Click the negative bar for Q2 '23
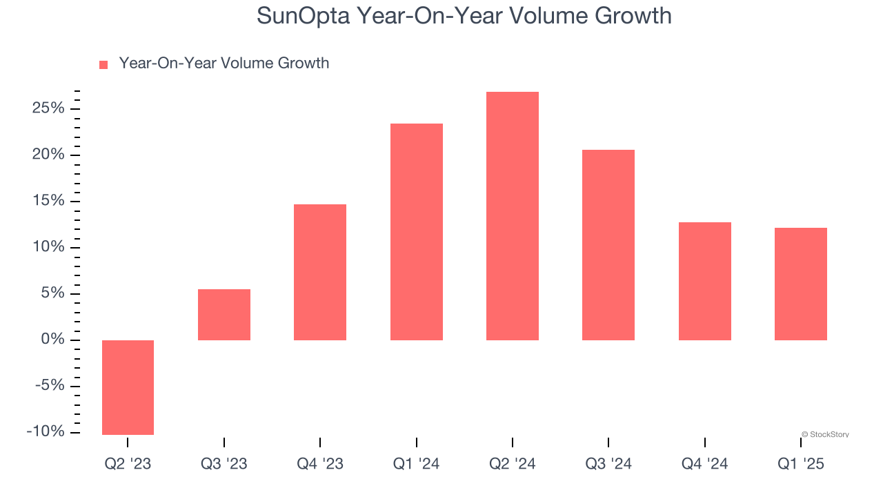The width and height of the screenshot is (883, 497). pos(128,387)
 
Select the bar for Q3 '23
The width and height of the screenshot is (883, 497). pos(224,315)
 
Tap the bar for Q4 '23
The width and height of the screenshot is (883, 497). pos(320,272)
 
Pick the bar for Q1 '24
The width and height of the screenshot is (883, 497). pos(416,232)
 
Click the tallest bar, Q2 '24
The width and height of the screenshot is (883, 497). pos(512,216)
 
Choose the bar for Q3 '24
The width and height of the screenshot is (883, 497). pos(608,245)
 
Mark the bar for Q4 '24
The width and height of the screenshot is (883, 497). pos(704,281)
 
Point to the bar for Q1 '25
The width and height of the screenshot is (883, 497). pos(800,284)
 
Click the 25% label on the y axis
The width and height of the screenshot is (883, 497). pos(47,108)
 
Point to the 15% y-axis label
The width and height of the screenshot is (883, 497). pos(47,201)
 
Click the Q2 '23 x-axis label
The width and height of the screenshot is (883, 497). pos(128,465)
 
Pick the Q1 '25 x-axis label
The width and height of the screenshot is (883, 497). pos(800,465)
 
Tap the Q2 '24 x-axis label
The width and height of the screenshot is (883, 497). pos(512,465)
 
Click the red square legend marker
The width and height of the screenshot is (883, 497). pos(103,64)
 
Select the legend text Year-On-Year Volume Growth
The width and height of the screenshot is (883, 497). pos(224,64)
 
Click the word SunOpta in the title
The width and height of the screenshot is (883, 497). pos(303,16)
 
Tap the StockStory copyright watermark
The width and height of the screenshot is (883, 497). pos(825,435)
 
